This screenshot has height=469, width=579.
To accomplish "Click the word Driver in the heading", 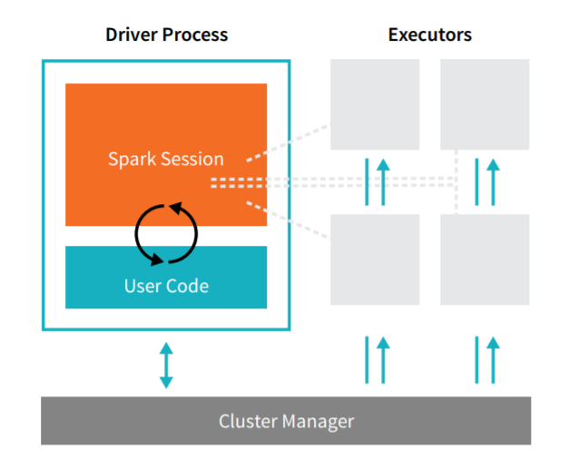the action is [x=132, y=34].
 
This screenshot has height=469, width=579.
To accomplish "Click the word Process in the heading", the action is [x=195, y=35].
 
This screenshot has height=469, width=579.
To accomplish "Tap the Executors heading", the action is [x=430, y=34].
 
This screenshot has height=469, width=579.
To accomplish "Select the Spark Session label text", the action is [x=166, y=160].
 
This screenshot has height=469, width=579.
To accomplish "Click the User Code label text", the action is [x=166, y=286].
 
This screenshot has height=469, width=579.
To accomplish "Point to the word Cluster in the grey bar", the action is [x=248, y=421].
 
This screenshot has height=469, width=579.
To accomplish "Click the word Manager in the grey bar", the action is [x=318, y=422].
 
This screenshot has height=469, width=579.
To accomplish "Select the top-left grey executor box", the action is [x=375, y=104].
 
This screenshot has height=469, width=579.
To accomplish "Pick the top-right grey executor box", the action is [x=485, y=104].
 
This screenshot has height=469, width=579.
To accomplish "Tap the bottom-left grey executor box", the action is [x=375, y=259].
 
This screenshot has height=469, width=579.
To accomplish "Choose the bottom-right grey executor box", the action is [x=485, y=259].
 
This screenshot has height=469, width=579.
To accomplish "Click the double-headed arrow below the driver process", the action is [x=166, y=366].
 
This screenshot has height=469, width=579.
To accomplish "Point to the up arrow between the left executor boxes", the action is [x=383, y=182].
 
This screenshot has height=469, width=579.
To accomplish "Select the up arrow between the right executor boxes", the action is [x=493, y=182].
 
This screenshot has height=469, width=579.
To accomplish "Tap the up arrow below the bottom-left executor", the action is [x=383, y=360].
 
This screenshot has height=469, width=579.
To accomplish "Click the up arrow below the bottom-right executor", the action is [x=493, y=360].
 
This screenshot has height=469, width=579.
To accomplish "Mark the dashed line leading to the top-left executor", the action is [x=288, y=142].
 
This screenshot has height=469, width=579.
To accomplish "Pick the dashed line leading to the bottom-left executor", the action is [x=288, y=220].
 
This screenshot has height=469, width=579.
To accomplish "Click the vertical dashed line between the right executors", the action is [x=456, y=182].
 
